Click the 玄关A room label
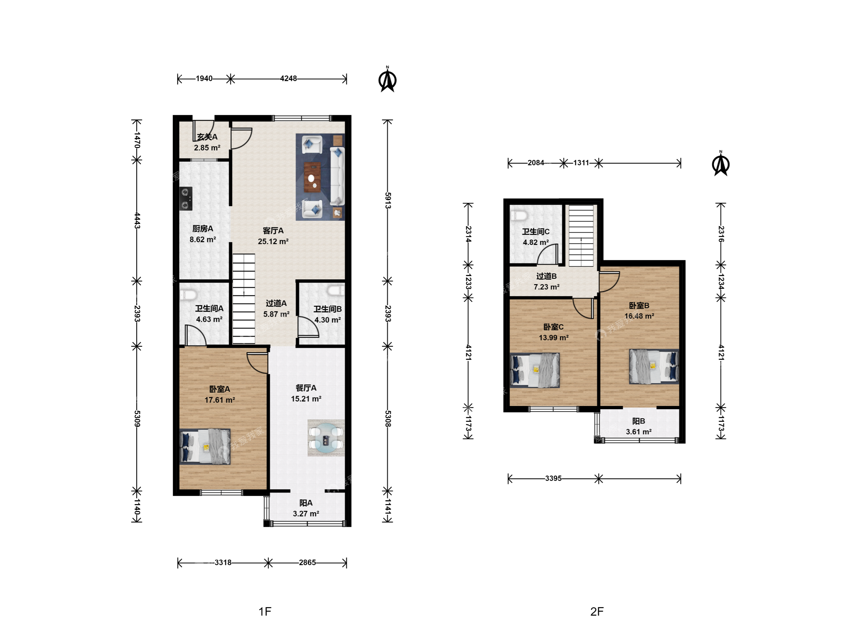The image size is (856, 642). pyautogui.click(x=207, y=137)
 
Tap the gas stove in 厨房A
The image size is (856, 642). pyautogui.click(x=186, y=199)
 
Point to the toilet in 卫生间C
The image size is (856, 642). pyautogui.click(x=518, y=215)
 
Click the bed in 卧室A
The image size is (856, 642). pyautogui.click(x=205, y=446)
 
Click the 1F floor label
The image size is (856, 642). pyautogui.click(x=265, y=611)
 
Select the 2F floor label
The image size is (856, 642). pyautogui.click(x=597, y=611)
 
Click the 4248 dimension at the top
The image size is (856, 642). pyautogui.click(x=288, y=78)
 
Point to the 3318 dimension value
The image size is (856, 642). pyautogui.click(x=223, y=562)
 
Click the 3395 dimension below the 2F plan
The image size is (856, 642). pyautogui.click(x=553, y=478)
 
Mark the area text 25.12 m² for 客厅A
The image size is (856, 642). pyautogui.click(x=273, y=241)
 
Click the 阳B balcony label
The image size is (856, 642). pyautogui.click(x=638, y=421)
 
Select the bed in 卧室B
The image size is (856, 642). pyautogui.click(x=654, y=366)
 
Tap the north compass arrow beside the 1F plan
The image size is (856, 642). pyautogui.click(x=387, y=80)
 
